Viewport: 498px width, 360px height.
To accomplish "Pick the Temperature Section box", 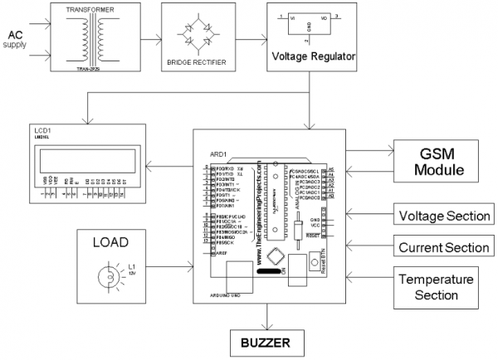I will tap(437, 287).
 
